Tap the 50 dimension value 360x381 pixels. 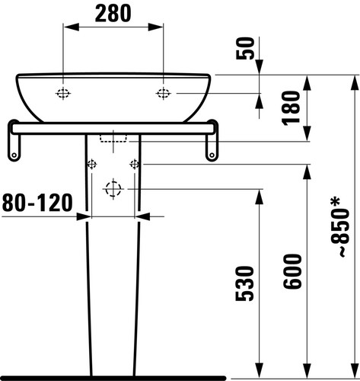pos(245,49)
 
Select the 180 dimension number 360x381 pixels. pos(291,108)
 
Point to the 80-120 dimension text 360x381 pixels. pos(37,203)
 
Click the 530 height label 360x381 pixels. pos(244,283)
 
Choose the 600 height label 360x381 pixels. pos(292,271)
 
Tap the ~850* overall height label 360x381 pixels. pos(341,228)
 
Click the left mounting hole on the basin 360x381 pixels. pos(63,94)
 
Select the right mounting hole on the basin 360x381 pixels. pos(163,94)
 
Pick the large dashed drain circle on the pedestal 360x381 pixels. pos(113,189)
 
